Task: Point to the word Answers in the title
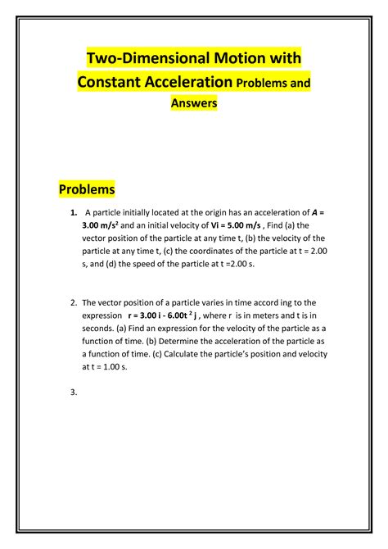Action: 193,103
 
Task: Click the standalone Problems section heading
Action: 87,189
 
